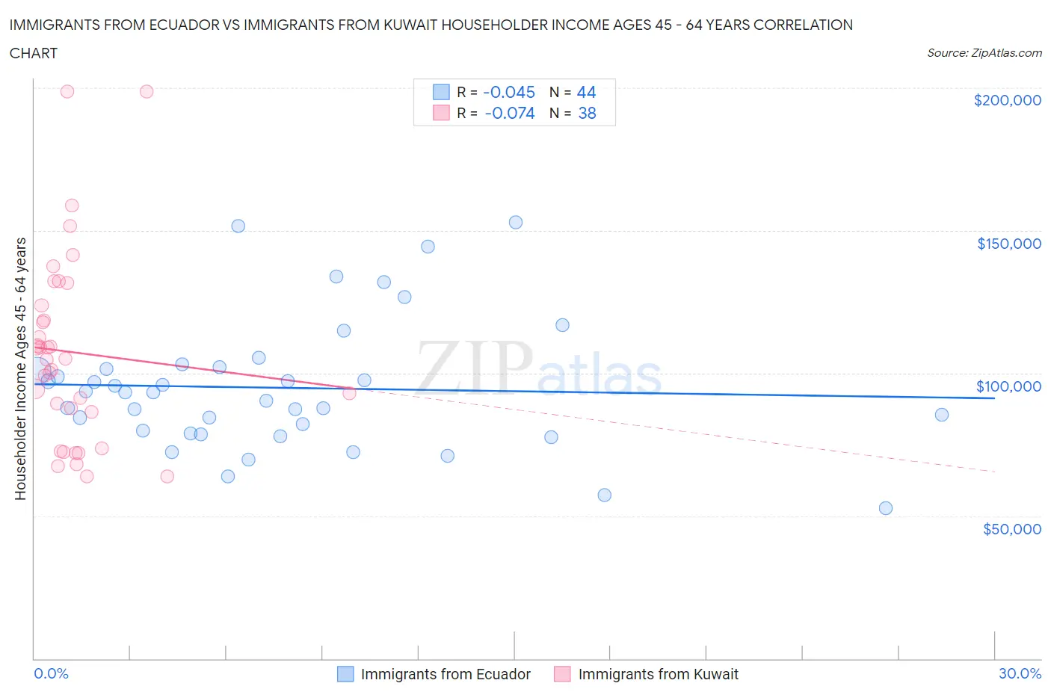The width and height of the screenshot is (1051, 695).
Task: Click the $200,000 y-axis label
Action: click(1007, 100)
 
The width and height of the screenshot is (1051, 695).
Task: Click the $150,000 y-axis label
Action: click(1008, 244)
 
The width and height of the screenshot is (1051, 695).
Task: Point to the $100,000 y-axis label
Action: click(1008, 386)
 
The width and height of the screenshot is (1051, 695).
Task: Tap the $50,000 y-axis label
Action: click(1011, 529)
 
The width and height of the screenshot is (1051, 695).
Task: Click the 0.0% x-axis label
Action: click(51, 673)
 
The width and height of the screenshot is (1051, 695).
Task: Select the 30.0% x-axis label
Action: click(1020, 673)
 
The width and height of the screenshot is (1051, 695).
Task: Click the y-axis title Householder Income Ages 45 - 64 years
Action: click(20, 368)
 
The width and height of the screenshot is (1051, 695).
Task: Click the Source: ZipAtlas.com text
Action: click(984, 53)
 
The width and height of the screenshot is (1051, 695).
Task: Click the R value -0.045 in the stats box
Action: click(509, 92)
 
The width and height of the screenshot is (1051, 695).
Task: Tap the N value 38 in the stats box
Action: click(587, 113)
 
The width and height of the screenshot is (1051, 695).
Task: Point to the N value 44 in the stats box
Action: click(586, 92)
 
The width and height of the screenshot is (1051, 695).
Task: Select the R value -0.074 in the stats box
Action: click(510, 113)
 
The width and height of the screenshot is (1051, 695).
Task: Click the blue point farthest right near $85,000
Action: click(941, 415)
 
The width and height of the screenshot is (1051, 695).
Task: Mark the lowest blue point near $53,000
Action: click(885, 508)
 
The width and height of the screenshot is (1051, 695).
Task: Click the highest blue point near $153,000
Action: click(515, 222)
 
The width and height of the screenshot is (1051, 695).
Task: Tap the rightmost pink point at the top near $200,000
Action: click(147, 91)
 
